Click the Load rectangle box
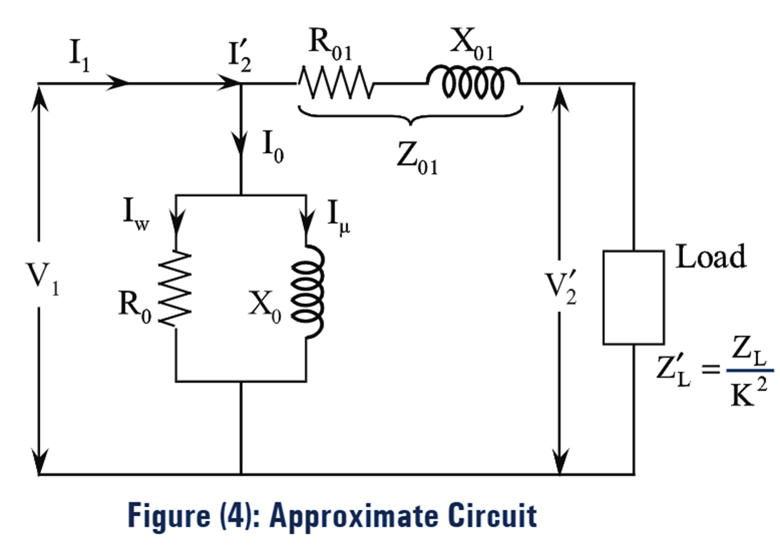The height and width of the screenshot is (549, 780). pos(633,298)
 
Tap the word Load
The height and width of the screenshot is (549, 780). pos(711,257)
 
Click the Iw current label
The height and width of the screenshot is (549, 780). pos(136,212)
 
